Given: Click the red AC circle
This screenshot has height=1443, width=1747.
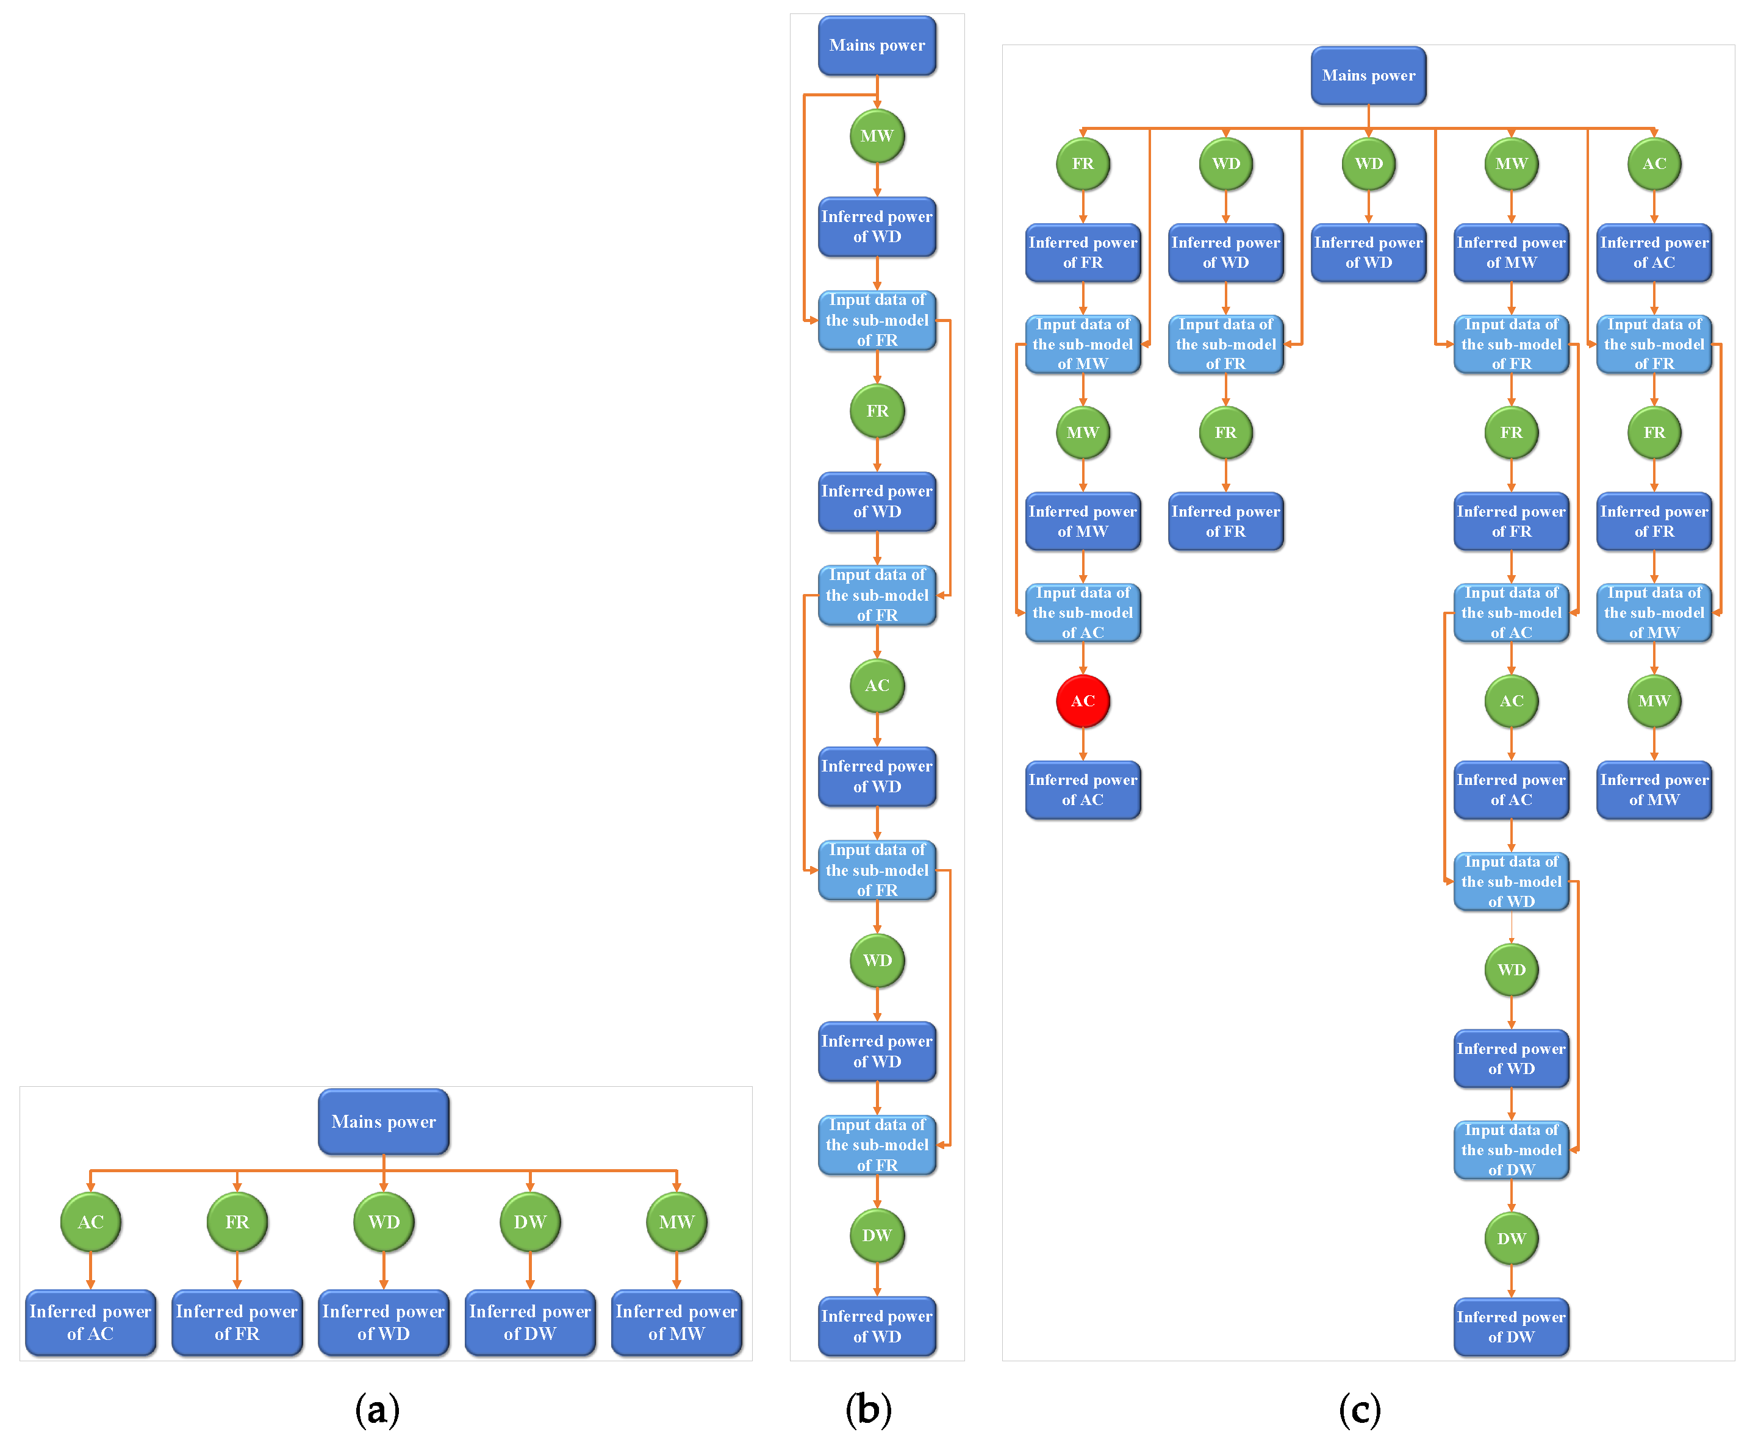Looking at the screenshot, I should coord(1082,701).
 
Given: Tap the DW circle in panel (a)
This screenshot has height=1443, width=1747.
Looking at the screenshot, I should coord(529,1221).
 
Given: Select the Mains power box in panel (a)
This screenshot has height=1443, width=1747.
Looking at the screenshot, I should coord(383,1122).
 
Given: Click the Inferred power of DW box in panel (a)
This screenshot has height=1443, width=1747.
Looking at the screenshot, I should coord(529,1322).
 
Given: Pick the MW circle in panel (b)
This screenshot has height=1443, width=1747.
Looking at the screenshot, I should coord(877,135).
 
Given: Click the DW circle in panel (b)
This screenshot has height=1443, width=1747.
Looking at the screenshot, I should coord(877,1235).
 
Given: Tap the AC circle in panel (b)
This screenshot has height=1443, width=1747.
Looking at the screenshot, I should coord(877,685).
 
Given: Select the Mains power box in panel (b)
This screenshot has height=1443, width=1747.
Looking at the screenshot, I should coord(877,46).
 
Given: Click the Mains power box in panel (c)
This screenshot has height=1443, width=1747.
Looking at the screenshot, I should coord(1368,76).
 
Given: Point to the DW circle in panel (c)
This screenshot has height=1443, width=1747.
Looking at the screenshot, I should coord(1511,1237).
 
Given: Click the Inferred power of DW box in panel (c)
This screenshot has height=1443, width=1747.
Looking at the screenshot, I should coord(1511,1327).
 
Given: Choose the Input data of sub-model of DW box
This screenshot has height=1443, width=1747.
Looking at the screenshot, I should coord(1511,1150).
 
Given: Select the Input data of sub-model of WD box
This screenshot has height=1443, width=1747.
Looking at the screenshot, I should coord(1511,881).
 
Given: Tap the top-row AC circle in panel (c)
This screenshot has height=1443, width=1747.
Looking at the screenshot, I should coord(1654,163).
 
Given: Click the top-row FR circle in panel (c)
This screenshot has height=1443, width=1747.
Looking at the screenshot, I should coord(1082,163).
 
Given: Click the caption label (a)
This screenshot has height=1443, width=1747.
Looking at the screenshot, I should coord(378,1409).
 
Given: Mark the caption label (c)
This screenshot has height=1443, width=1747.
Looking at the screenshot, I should coord(1360,1409).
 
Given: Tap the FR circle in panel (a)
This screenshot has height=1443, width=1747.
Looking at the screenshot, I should coord(237,1221).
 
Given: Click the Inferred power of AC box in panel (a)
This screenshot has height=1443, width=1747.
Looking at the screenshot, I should coord(91,1322).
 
